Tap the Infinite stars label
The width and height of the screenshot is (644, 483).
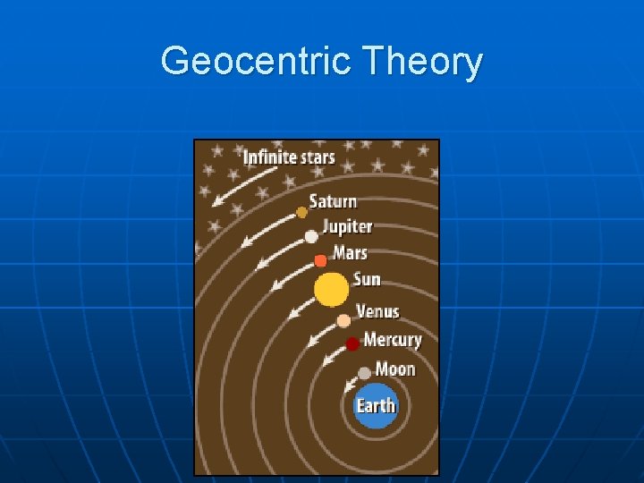pyautogui.click(x=288, y=157)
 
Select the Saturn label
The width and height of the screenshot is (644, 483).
pyautogui.click(x=333, y=201)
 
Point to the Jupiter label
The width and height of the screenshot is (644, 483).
pyautogui.click(x=347, y=227)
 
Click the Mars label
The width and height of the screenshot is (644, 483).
pyautogui.click(x=350, y=253)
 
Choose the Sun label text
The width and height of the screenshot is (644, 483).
pyautogui.click(x=367, y=280)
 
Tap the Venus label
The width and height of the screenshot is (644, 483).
pyautogui.click(x=377, y=311)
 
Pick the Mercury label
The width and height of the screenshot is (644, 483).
pyautogui.click(x=392, y=340)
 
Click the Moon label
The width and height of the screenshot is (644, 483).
pyautogui.click(x=395, y=369)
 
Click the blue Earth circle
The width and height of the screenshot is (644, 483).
pyautogui.click(x=376, y=405)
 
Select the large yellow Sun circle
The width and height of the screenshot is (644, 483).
pyautogui.click(x=331, y=290)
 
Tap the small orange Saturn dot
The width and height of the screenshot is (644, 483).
pyautogui.click(x=302, y=213)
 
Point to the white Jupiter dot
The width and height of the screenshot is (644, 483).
pyautogui.click(x=311, y=237)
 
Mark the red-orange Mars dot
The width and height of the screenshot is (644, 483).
pyautogui.click(x=320, y=261)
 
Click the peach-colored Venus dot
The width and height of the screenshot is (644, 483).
pyautogui.click(x=343, y=320)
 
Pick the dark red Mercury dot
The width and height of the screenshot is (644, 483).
pyautogui.click(x=353, y=343)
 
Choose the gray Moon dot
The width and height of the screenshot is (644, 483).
pyautogui.click(x=364, y=373)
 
